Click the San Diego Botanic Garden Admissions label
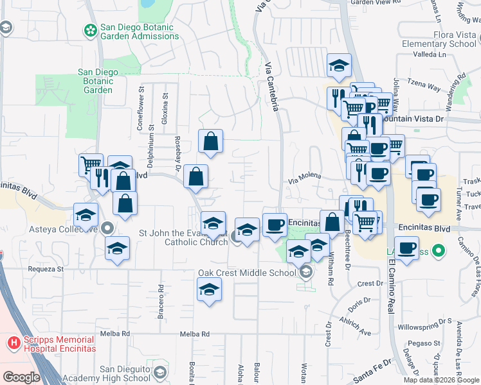pos(139,31)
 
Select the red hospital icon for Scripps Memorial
pos(12,343)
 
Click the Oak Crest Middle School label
pos(248,272)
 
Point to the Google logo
pos(21,377)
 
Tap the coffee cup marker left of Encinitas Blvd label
pos(275,225)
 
